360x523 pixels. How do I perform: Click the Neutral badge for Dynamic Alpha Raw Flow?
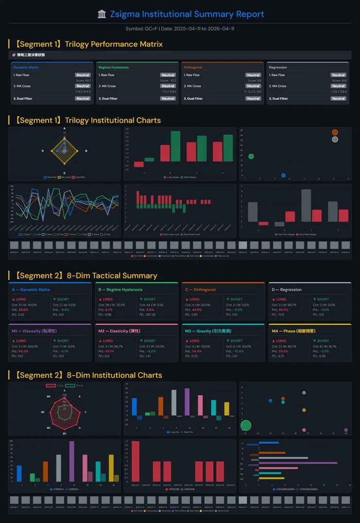[83, 75]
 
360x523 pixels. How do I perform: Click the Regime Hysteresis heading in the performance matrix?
[113, 67]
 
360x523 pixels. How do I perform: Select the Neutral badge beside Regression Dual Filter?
[338, 99]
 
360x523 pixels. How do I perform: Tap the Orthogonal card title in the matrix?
[193, 67]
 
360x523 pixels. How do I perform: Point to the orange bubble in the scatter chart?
[335, 132]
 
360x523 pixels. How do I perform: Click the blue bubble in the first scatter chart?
[284, 175]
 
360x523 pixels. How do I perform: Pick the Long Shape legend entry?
[171, 177]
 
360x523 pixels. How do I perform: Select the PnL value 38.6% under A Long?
[23, 310]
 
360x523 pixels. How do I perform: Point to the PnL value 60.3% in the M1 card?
[23, 351]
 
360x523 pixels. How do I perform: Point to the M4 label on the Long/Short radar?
[49, 397]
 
